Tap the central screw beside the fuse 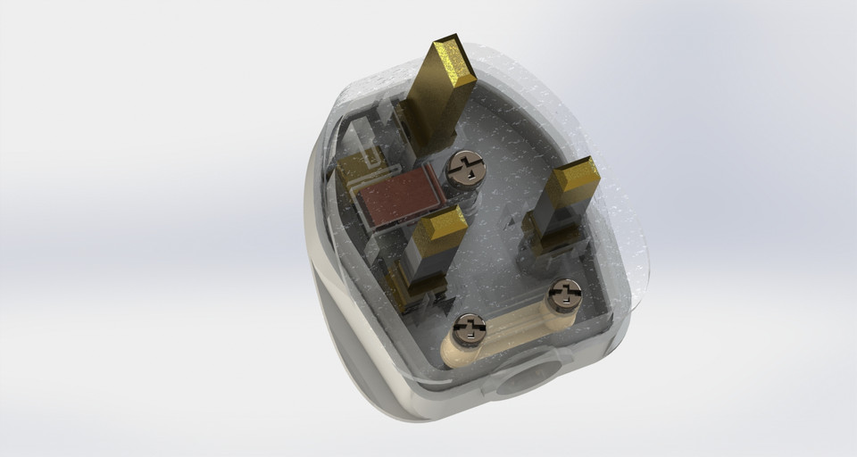465,168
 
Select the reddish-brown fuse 397,197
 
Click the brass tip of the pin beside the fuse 438,225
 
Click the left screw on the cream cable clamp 469,331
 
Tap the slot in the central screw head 465,167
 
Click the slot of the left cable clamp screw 469,331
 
